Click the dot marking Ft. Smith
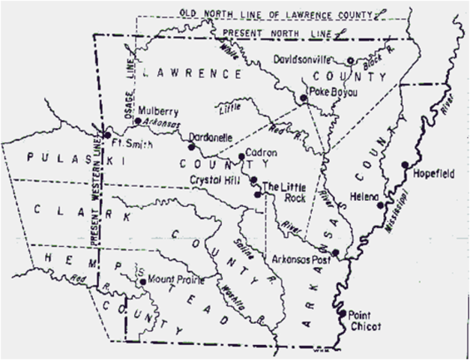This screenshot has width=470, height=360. click(x=106, y=136)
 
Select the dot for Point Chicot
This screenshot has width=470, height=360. click(x=343, y=313)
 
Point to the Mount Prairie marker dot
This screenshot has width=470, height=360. click(x=142, y=282)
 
